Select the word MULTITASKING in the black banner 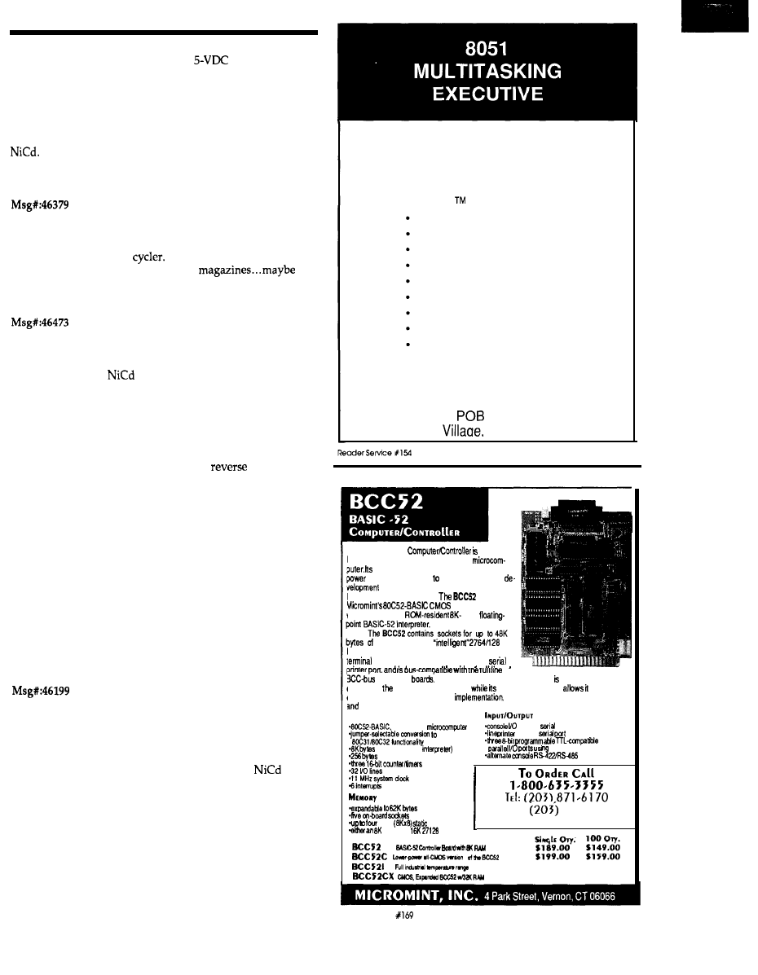click(x=487, y=71)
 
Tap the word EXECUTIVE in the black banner click(x=487, y=93)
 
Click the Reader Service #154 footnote click(x=368, y=452)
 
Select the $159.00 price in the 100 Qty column click(x=603, y=856)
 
